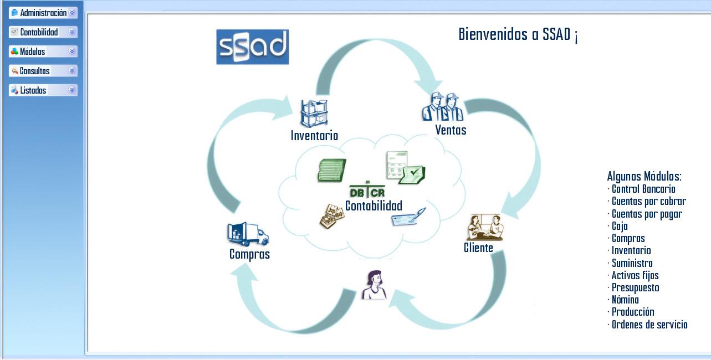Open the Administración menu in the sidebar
click(x=43, y=13)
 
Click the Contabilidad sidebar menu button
click(x=43, y=32)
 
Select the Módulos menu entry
click(x=43, y=52)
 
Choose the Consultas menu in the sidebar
click(x=43, y=71)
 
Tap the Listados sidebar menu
click(x=43, y=90)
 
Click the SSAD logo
click(x=252, y=47)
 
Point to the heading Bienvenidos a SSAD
click(x=518, y=35)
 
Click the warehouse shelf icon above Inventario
click(x=314, y=114)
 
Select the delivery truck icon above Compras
click(x=248, y=234)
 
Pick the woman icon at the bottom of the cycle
click(x=374, y=285)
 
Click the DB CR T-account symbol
click(x=367, y=190)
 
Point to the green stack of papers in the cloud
click(x=331, y=170)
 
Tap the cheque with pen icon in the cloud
click(x=408, y=217)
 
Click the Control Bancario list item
click(x=643, y=189)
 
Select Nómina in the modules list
click(x=625, y=300)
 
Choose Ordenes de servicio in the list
click(x=649, y=325)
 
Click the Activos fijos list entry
click(x=635, y=275)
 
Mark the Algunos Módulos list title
click(x=644, y=177)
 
